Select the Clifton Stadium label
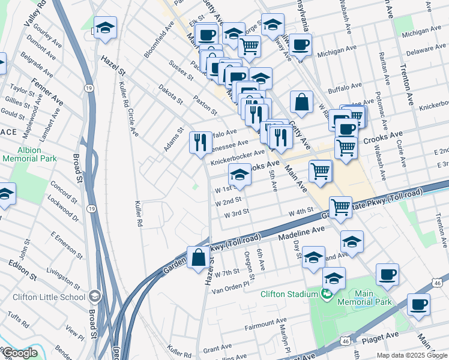coord(289,294)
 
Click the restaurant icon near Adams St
coord(200,143)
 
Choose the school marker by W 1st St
coord(240,175)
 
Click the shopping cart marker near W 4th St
coord(340,208)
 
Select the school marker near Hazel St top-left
coord(105,28)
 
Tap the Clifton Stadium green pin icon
coord(327,294)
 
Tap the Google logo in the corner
coord(20,353)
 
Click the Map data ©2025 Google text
coord(412,355)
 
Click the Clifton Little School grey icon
coord(95,296)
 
